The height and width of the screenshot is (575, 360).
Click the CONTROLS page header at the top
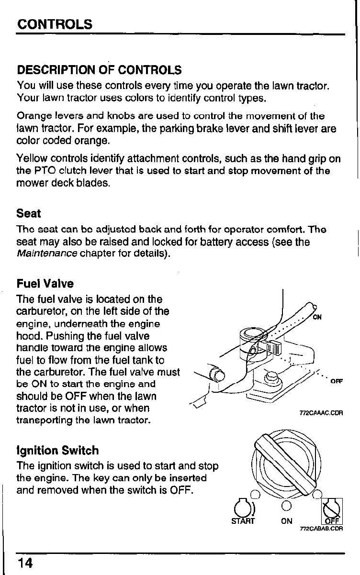55,24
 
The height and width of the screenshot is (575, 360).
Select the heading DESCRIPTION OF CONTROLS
99,70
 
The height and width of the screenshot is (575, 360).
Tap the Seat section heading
29,213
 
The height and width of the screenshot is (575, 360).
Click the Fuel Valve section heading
45,284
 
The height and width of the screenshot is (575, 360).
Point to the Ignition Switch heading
57,450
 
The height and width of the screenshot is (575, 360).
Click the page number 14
25,563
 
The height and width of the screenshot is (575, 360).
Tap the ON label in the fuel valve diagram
317,317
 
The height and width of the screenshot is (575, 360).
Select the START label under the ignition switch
243,520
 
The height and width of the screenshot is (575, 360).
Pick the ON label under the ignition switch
287,521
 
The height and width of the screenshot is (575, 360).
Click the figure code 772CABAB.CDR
321,529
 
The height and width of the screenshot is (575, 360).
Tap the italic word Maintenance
47,254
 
